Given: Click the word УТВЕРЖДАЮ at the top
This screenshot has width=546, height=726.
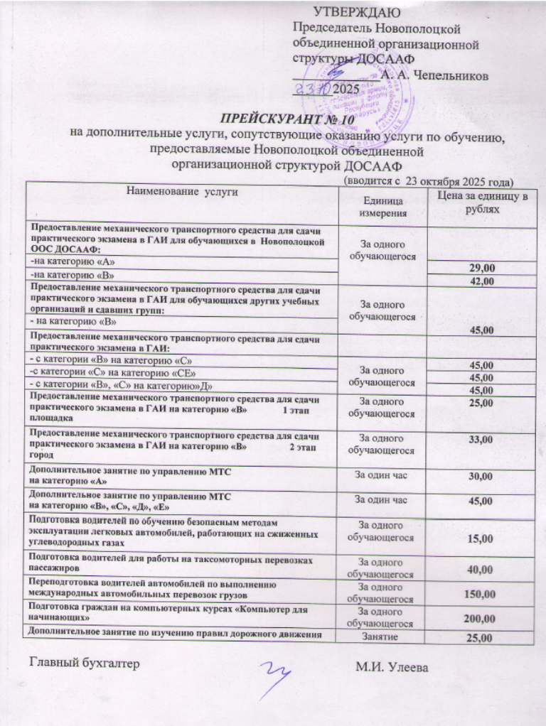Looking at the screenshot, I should [x=356, y=12].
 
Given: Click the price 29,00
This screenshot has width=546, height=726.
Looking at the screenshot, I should [x=478, y=267].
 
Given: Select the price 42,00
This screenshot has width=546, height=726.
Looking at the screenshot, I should [x=478, y=281].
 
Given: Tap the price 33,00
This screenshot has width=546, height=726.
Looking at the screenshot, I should [x=478, y=440].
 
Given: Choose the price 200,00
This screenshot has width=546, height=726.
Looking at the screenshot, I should [x=478, y=619].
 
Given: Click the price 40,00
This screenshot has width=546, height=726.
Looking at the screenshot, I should [x=478, y=569].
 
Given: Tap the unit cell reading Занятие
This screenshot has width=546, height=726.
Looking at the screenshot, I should [x=383, y=639].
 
